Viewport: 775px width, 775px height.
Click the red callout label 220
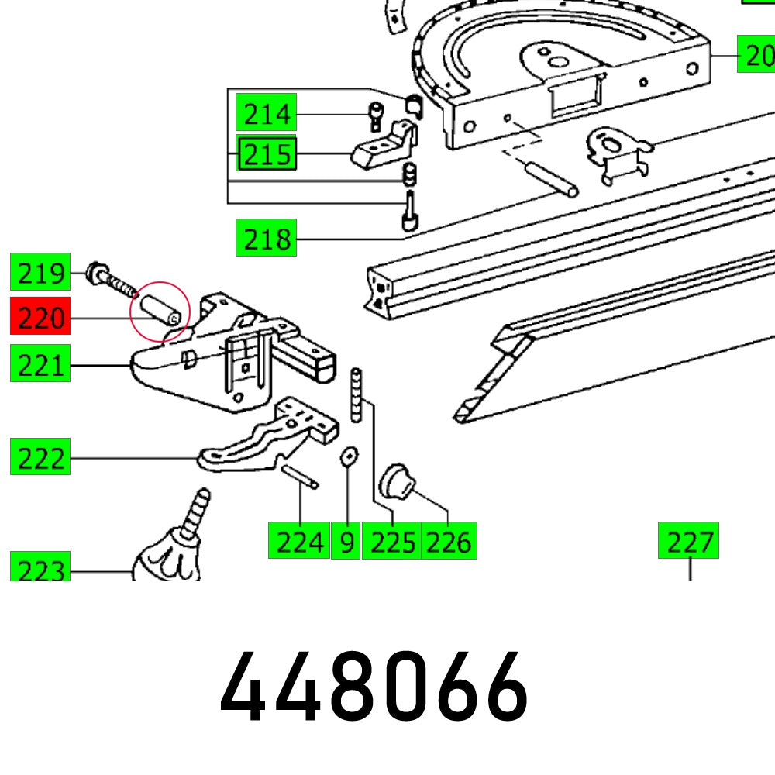[x=40, y=317]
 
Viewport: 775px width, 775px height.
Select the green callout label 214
[x=267, y=114]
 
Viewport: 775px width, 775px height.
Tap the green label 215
[x=267, y=155]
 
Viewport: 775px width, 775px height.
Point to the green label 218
[x=266, y=239]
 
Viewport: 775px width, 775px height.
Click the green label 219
[x=40, y=273]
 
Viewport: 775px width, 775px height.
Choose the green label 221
[x=40, y=364]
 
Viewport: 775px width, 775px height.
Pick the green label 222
[x=40, y=458]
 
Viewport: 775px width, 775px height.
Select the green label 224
[x=299, y=541]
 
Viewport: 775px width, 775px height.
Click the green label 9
[x=346, y=541]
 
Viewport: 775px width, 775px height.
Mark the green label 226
[x=449, y=541]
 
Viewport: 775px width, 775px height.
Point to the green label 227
[x=688, y=541]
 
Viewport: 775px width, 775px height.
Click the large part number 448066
[x=375, y=687]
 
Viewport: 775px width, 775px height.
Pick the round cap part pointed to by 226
[x=398, y=480]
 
